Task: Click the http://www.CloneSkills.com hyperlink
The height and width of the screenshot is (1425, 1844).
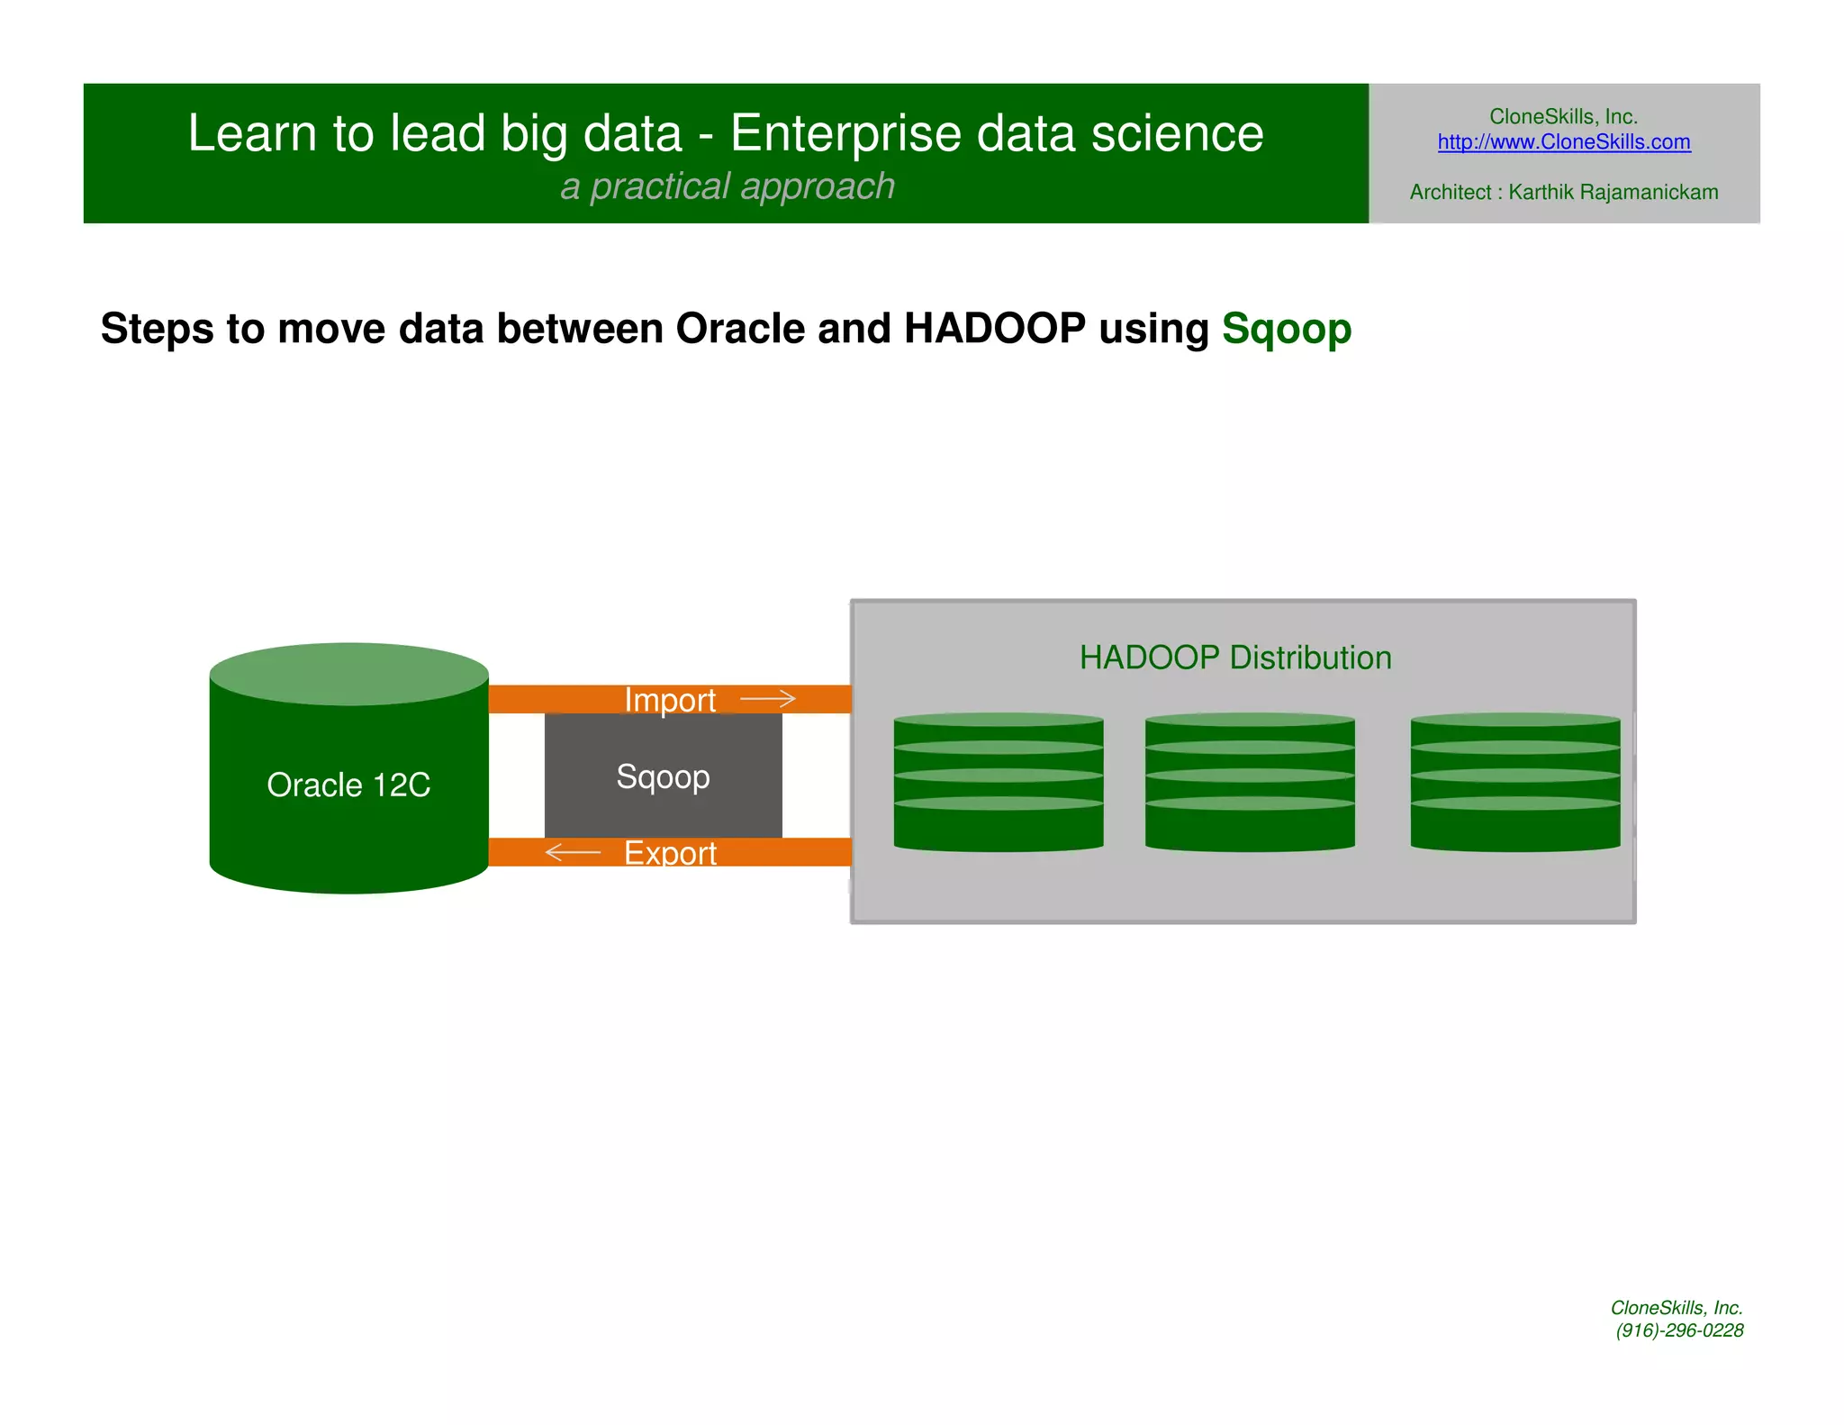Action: click(1563, 142)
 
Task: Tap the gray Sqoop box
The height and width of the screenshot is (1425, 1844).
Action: click(663, 776)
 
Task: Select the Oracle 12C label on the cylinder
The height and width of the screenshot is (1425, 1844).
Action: click(348, 785)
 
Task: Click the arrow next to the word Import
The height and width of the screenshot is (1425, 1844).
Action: click(768, 698)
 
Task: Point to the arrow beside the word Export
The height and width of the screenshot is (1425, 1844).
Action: click(573, 852)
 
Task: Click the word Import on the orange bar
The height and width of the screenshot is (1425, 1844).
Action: click(670, 700)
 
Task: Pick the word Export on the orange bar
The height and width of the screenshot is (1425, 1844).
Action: click(670, 853)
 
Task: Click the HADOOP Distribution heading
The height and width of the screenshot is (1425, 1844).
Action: click(1235, 658)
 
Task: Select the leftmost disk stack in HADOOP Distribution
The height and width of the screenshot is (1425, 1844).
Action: click(998, 782)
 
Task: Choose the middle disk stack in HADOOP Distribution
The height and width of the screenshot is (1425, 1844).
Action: click(1250, 782)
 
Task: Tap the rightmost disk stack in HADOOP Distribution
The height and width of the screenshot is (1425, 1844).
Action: click(1514, 782)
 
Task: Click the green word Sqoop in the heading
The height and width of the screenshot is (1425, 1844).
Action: click(1286, 330)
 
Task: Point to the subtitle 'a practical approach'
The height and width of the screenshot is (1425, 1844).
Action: click(728, 186)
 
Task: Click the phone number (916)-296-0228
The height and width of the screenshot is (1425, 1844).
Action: click(1679, 1330)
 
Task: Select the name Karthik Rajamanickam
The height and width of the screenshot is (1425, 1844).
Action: click(1613, 192)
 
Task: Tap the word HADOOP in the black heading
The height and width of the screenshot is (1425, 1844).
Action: click(994, 328)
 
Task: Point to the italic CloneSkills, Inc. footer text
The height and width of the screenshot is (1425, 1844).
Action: click(1677, 1307)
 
